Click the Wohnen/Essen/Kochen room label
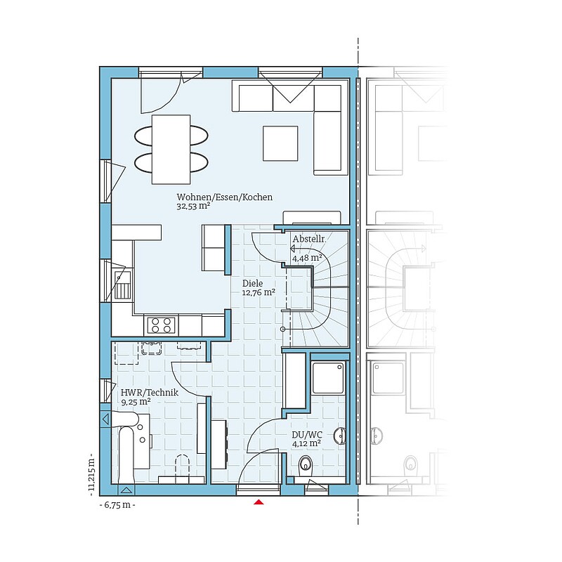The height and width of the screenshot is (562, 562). coord(224,197)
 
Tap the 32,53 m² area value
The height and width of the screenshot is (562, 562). coord(192,206)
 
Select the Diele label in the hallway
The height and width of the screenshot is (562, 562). coord(252,283)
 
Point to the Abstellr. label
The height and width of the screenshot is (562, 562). coord(309,239)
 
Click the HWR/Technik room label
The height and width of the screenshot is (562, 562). coord(150,393)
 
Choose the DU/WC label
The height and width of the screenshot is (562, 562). coord(307,435)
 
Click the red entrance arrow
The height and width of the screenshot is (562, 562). coord(259,502)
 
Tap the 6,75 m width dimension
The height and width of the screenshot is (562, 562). coord(117,505)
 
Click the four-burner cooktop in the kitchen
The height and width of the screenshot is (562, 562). coord(161,325)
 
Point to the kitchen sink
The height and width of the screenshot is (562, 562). coord(122,285)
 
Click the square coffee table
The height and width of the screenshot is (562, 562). coord(280,143)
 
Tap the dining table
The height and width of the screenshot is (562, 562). coord(171,150)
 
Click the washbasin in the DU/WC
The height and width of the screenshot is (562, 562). coord(340,436)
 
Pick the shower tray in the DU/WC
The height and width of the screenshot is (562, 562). coord(328,378)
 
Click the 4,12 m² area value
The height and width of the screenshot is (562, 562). coord(306,443)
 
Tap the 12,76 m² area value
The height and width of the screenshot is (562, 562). coord(259,292)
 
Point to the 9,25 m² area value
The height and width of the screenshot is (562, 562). coord(136,402)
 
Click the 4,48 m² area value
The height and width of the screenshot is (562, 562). coord(307,258)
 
